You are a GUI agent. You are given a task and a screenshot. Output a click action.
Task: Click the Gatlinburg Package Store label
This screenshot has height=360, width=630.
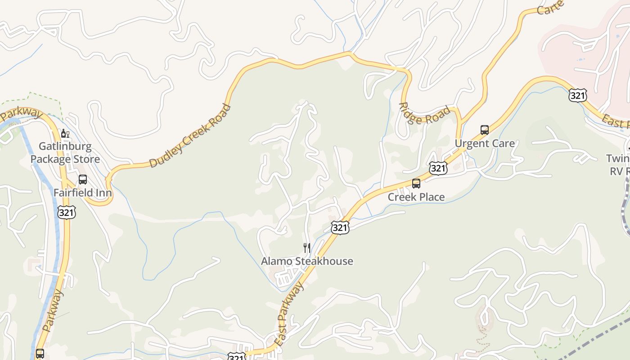[x=65, y=153]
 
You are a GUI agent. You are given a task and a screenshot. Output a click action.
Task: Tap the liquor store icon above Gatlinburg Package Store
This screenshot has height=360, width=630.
[x=65, y=133]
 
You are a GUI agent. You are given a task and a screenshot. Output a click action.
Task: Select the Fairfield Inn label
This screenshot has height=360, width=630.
[x=83, y=193]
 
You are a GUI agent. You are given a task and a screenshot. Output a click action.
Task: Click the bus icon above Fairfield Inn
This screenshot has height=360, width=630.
[x=83, y=180]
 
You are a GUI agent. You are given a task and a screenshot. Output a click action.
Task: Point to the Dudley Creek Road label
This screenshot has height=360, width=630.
[x=190, y=136]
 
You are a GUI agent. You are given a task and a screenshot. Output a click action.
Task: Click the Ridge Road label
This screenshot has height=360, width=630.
[x=424, y=114]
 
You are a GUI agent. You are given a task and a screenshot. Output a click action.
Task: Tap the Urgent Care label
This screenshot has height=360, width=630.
[x=485, y=143]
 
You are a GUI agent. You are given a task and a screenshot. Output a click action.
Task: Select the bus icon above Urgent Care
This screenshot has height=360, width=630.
[x=485, y=130]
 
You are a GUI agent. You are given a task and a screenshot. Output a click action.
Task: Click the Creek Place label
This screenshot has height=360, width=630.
[x=416, y=197]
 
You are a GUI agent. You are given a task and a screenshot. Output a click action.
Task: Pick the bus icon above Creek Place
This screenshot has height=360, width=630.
[x=416, y=184]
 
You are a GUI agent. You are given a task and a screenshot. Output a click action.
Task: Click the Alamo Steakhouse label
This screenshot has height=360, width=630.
[x=307, y=261]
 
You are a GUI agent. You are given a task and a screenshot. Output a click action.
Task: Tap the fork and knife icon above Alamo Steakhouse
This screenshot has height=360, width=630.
[x=307, y=247]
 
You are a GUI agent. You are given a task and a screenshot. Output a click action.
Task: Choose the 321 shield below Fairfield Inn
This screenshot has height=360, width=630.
[x=66, y=212]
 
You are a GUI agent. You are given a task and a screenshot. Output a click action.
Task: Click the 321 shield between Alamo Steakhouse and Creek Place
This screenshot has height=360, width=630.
[x=340, y=228]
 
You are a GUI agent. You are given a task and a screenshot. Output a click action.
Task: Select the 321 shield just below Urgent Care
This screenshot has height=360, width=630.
[x=438, y=168]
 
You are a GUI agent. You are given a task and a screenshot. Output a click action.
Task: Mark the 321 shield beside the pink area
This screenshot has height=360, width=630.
[x=577, y=95]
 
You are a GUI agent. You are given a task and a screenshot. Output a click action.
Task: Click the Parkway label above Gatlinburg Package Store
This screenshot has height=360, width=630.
[x=21, y=114]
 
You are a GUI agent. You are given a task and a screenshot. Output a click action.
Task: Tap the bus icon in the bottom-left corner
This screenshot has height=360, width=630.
[x=40, y=353]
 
